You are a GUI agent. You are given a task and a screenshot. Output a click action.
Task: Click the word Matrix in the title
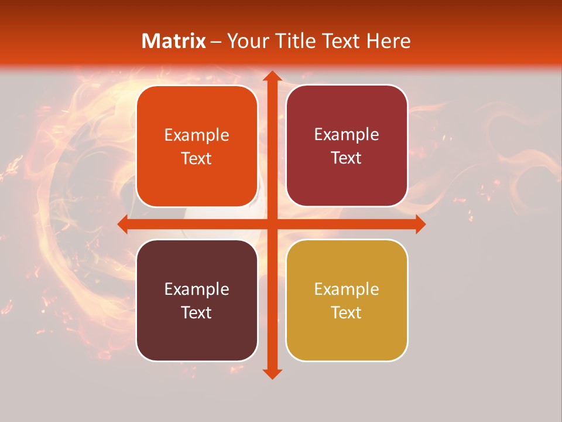pos(174,41)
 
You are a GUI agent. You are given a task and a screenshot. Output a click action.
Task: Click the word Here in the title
pos(388,41)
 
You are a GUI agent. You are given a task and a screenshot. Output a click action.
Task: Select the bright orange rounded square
pos(197,146)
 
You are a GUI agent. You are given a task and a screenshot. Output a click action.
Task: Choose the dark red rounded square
pos(347,146)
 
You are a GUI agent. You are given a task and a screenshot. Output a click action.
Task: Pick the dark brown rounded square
pos(197,300)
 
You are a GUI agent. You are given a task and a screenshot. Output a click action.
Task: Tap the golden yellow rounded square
pos(347,300)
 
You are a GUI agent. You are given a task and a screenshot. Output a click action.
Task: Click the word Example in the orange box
pos(197,135)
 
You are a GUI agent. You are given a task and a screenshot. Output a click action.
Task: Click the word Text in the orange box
pos(197,158)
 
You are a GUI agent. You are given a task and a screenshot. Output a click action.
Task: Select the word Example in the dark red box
pos(347,135)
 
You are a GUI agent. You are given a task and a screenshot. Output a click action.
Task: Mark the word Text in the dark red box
pos(347,158)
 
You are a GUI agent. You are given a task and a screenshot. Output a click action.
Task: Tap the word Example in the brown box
pos(197,290)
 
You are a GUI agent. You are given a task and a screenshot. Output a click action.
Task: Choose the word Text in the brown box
pos(197,312)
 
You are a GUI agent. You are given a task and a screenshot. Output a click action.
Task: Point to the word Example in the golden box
pos(347,290)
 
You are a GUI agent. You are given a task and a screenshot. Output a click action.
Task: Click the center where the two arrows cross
pos(272,224)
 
